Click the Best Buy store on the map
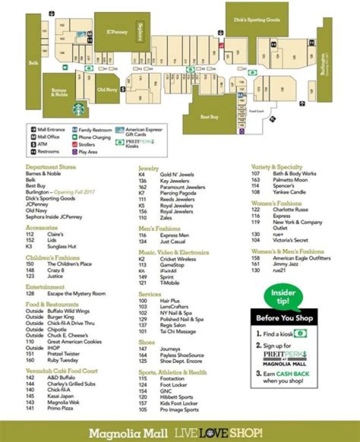pos(209,116)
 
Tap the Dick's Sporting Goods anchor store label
pos(257,20)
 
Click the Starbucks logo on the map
pos(78,108)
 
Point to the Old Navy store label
pos(107,90)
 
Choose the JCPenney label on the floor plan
pos(117,32)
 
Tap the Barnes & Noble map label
pos(59,92)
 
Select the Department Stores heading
pos(50,167)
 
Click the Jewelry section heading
pos(148,168)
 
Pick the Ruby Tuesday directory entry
pos(62,360)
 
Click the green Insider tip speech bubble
pos(283,296)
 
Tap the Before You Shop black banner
pos(284,318)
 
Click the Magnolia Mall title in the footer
pos(129,432)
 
